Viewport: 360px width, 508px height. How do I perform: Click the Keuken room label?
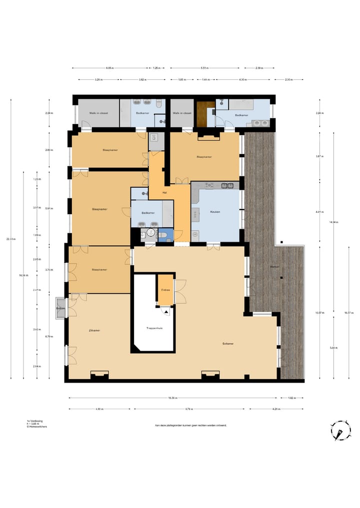click(215, 212)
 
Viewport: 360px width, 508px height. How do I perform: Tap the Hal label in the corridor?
click(164, 193)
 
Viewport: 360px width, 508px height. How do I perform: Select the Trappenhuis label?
click(152, 328)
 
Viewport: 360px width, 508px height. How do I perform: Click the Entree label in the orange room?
click(165, 290)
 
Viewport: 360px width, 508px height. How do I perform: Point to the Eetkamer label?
click(229, 344)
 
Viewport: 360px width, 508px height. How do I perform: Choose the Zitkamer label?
click(94, 331)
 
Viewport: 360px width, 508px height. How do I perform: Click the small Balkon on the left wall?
click(60, 309)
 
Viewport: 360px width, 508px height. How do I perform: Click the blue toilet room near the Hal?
click(165, 235)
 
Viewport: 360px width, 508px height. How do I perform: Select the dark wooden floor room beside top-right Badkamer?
click(203, 114)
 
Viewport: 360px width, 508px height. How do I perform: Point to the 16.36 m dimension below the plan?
click(172, 398)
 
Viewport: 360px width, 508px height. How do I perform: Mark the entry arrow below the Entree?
click(165, 310)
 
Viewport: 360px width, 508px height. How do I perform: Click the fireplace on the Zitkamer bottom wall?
click(99, 375)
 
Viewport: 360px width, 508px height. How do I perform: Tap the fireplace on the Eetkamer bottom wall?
click(210, 375)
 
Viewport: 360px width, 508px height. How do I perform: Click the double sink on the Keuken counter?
click(228, 186)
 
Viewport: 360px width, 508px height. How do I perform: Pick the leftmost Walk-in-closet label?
click(98, 113)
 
